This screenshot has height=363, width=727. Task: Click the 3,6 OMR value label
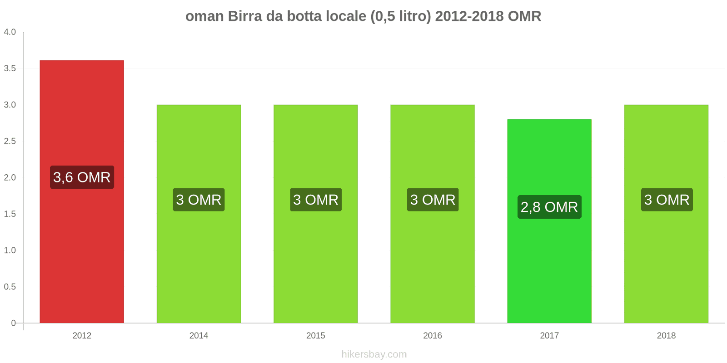(82, 177)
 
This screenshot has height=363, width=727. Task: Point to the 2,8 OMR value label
(549, 207)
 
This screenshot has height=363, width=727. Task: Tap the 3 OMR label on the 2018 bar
(667, 200)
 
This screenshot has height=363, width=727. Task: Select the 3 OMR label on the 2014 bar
(199, 200)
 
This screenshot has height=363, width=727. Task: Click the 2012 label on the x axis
(82, 335)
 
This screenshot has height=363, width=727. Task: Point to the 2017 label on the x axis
(549, 335)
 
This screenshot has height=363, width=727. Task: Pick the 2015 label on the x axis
(315, 335)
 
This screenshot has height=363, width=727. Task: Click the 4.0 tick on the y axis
(10, 32)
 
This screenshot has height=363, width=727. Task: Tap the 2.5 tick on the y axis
(10, 141)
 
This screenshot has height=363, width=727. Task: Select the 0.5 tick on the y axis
(10, 287)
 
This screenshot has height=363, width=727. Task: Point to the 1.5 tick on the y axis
(10, 214)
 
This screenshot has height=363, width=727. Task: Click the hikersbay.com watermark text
(374, 354)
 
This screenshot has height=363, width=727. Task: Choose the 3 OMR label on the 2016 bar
(433, 200)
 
